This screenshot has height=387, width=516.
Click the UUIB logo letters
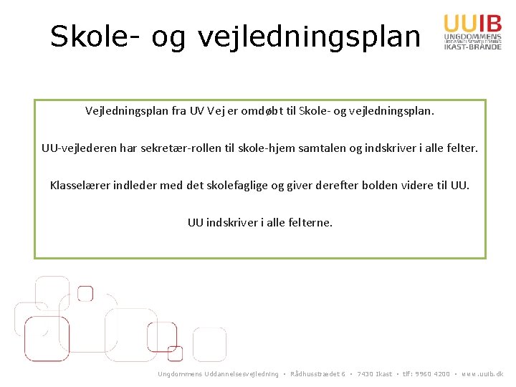coord(467,22)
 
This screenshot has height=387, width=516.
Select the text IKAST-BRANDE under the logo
coord(467,46)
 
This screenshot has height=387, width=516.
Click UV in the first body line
coord(198,112)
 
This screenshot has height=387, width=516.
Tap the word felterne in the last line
coord(310,223)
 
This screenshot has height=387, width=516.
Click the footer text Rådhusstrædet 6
coord(318,374)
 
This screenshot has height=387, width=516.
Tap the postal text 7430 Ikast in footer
coord(373,374)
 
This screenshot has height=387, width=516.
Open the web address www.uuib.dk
coord(482,374)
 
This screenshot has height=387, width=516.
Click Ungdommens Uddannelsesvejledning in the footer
coord(218,374)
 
